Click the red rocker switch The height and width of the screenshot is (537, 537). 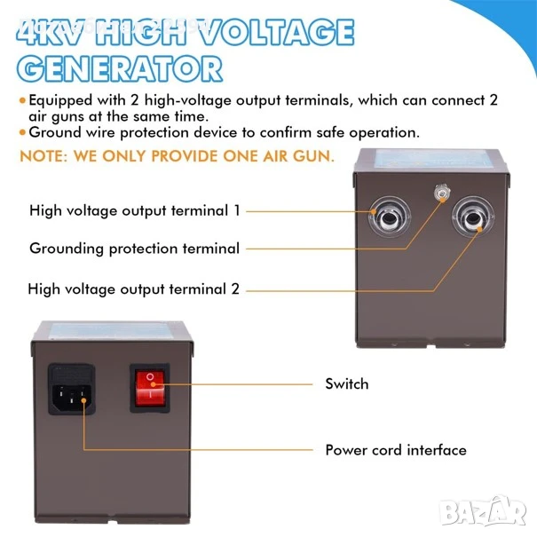pyautogui.click(x=150, y=388)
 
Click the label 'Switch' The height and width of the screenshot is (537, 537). pyautogui.click(x=347, y=384)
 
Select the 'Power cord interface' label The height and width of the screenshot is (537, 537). pyautogui.click(x=396, y=450)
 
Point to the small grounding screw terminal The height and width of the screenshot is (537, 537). pyautogui.click(x=442, y=192)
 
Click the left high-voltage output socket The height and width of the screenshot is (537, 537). pyautogui.click(x=390, y=217)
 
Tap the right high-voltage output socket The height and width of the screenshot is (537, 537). pyautogui.click(x=473, y=217)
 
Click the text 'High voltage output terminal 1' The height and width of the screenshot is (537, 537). pyautogui.click(x=135, y=210)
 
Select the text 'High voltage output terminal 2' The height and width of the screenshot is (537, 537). pyautogui.click(x=133, y=289)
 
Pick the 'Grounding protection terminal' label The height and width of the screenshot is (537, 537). pyautogui.click(x=135, y=249)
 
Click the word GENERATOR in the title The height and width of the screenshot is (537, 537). pyautogui.click(x=120, y=68)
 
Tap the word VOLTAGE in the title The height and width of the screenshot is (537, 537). pyautogui.click(x=277, y=31)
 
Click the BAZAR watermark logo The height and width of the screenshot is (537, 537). pyautogui.click(x=484, y=510)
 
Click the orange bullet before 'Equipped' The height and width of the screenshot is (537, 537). pyautogui.click(x=22, y=100)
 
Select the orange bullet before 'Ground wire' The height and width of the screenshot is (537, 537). pyautogui.click(x=22, y=132)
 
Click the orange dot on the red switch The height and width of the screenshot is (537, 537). pyautogui.click(x=154, y=384)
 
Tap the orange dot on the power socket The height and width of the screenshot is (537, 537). pyautogui.click(x=83, y=400)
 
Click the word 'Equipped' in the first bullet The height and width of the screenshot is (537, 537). pyautogui.click(x=60, y=100)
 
